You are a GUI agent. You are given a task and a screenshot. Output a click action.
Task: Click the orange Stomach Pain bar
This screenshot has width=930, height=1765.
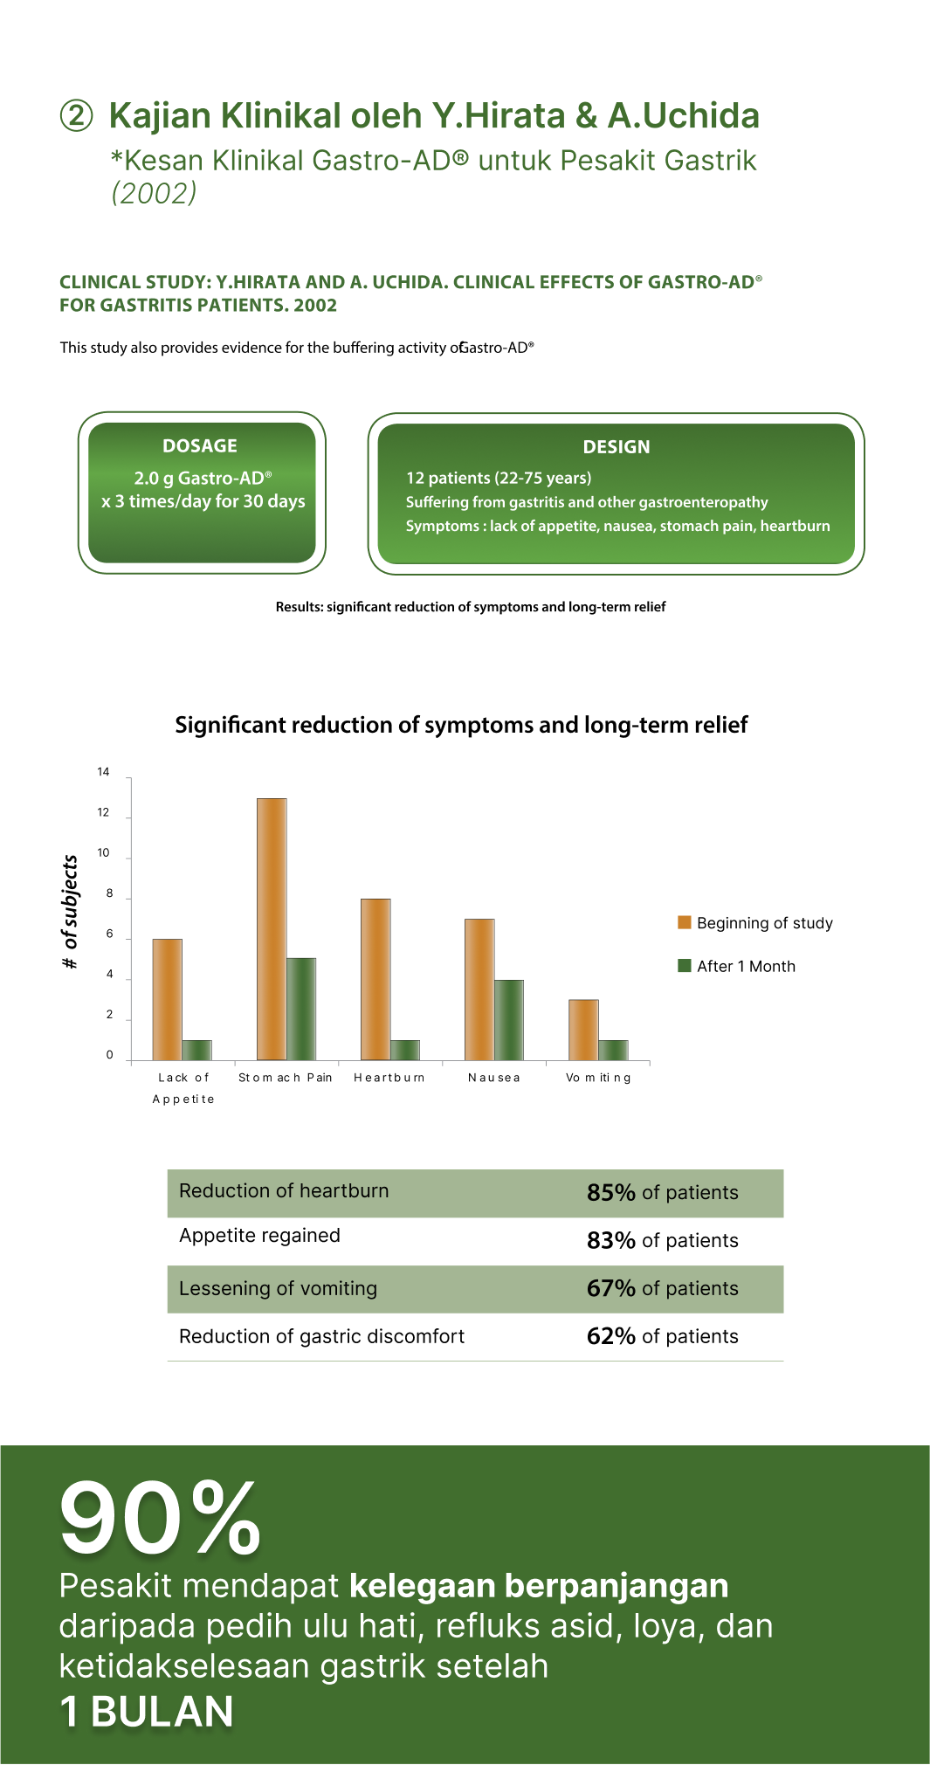pos(272,928)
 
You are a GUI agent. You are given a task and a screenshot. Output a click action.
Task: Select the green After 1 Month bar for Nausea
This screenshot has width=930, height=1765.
pos(509,1020)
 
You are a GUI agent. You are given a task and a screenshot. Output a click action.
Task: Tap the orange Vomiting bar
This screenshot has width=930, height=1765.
pos(583,1030)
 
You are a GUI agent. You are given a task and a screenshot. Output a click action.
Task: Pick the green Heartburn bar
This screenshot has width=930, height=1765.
pos(405,1050)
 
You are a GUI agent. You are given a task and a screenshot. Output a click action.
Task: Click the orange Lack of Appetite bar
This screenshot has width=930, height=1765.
pos(168,999)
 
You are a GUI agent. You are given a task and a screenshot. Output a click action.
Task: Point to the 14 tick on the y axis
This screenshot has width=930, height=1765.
pos(104,772)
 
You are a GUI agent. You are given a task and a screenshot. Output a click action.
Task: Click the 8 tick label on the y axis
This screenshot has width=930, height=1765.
pos(109,893)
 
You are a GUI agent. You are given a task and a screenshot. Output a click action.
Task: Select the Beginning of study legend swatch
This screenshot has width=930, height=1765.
pos(685,922)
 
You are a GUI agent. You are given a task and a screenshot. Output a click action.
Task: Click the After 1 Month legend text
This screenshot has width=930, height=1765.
pos(746,966)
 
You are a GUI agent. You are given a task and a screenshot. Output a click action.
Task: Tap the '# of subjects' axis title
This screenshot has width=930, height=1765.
pos(71,912)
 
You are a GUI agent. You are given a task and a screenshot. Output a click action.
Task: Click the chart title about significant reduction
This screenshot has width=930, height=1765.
pos(461,725)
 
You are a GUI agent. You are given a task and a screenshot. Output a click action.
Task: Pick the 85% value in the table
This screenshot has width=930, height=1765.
pos(610,1193)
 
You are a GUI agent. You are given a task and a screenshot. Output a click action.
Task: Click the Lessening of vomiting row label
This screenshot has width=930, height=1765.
pos(278,1288)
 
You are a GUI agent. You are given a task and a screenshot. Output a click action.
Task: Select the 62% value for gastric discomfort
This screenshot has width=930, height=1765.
pos(610,1336)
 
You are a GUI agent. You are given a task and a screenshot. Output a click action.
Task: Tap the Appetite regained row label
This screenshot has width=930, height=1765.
pos(259,1235)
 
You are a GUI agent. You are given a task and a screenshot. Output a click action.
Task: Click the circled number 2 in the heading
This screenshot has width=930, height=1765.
pos(76,115)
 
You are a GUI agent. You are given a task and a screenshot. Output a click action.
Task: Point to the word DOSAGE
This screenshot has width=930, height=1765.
pos(200,445)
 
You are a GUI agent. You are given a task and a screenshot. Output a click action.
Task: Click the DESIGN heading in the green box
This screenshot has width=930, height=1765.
pos(617,446)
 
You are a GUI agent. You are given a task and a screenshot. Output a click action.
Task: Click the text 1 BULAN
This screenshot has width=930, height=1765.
pos(147,1712)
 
